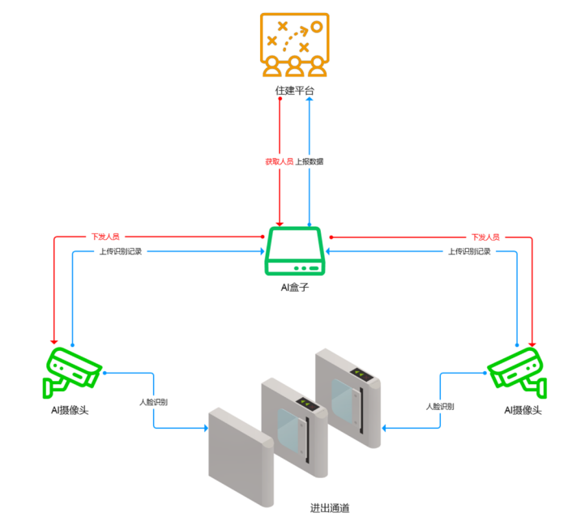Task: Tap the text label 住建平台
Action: [295, 92]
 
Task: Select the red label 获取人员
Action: [279, 161]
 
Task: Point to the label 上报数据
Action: [309, 161]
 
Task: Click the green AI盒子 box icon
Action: [295, 252]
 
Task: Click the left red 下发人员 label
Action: [105, 237]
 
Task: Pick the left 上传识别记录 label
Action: [120, 251]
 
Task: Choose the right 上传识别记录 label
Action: [470, 251]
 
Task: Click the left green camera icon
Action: [72, 370]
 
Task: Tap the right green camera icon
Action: [515, 370]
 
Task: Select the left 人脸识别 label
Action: [153, 402]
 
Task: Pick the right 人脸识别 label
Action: [440, 406]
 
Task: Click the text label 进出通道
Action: [330, 509]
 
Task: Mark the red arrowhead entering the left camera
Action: [54, 340]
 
